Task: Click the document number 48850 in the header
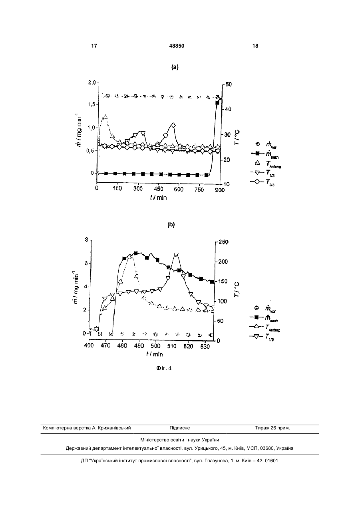177,46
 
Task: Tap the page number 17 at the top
94,46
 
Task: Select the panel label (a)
175,67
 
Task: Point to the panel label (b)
171,225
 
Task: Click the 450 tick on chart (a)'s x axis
159,189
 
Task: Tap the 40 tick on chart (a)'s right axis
228,109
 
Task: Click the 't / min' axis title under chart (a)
158,198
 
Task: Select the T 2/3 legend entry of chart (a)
263,182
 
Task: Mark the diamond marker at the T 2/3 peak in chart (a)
173,125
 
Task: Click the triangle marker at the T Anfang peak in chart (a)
105,117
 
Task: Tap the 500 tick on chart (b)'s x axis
155,346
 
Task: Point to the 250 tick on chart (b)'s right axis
223,242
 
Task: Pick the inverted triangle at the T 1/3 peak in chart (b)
176,255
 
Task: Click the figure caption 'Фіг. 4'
164,368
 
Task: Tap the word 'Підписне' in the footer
180,428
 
